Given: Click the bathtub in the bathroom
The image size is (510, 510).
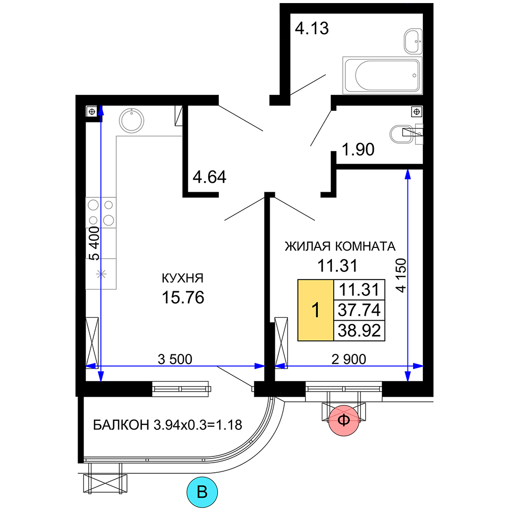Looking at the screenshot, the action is point(382,75).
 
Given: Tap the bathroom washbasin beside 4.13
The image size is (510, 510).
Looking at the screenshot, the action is point(413,41).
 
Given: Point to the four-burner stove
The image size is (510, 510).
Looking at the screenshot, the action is point(101,212).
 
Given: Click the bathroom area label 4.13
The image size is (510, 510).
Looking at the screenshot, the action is point(312,28).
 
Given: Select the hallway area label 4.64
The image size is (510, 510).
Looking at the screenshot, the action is point(210,177).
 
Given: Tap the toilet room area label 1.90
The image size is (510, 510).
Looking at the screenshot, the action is point(358,149).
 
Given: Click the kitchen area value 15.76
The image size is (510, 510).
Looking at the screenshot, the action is point(183,297).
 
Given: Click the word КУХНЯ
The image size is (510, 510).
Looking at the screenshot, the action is point(183,278).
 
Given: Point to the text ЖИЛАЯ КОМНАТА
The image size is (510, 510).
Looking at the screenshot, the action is point(340,246).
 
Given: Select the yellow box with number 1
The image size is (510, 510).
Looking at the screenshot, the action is point(316,310).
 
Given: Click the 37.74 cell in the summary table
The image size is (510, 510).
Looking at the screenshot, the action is point(359,310).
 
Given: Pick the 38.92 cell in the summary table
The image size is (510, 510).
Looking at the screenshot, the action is point(359,330).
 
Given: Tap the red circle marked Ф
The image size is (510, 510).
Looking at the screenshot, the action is point(344,421).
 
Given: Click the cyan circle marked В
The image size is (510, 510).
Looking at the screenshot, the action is point(202,492).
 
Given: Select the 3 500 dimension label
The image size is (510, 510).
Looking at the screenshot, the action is point(175,360).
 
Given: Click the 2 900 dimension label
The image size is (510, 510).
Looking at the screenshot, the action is point(349,360).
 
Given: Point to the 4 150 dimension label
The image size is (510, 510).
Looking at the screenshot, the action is point(401,275).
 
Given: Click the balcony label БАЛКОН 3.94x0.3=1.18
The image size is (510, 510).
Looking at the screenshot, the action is point(167,425).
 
